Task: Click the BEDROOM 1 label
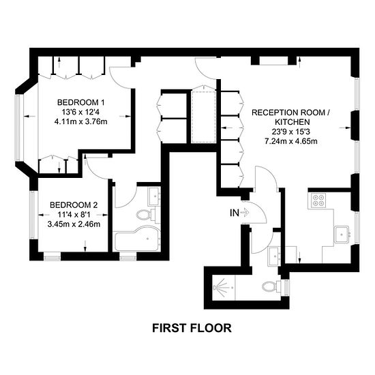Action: pyautogui.click(x=81, y=102)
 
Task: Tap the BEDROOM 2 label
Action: pyautogui.click(x=74, y=205)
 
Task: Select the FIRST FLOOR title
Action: pyautogui.click(x=192, y=328)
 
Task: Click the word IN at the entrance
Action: pyautogui.click(x=235, y=213)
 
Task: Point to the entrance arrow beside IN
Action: pyautogui.click(x=245, y=212)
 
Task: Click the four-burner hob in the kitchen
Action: pyautogui.click(x=318, y=200)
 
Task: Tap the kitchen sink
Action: pyautogui.click(x=342, y=235)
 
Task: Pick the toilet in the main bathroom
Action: pyautogui.click(x=146, y=215)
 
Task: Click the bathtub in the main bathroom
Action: pyautogui.click(x=137, y=239)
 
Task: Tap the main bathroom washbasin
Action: pyautogui.click(x=154, y=196)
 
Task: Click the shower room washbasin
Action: pyautogui.click(x=274, y=257)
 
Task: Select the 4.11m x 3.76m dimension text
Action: pyautogui.click(x=81, y=122)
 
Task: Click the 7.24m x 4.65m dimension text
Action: pyautogui.click(x=291, y=141)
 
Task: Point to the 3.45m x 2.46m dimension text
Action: pyautogui.click(x=74, y=224)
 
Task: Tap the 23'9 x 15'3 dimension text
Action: pyautogui.click(x=291, y=132)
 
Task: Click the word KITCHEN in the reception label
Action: pyautogui.click(x=292, y=122)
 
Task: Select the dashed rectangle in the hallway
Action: pyautogui.click(x=204, y=117)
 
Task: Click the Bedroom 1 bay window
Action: pyautogui.click(x=18, y=127)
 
